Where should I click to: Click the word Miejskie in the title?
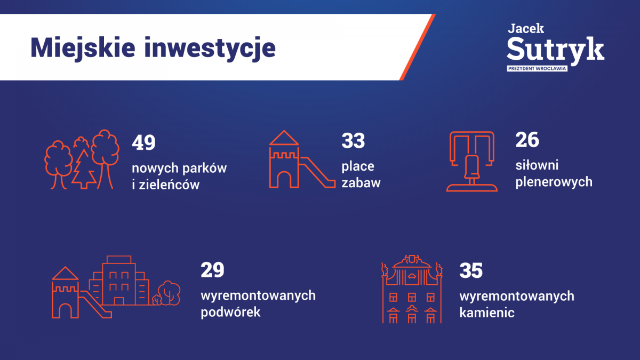83,48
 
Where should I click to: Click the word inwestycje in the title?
210,48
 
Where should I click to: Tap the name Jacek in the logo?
526,28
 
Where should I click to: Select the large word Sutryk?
555,49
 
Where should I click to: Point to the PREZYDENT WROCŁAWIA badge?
537,69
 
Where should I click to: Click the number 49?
143,142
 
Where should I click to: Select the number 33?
353,141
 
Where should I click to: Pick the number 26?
527,140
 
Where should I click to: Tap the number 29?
212,270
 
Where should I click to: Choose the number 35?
471,270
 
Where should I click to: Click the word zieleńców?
169,185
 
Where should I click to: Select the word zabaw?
361,183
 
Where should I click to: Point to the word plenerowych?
554,182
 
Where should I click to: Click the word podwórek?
230,312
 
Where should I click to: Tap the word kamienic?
487,313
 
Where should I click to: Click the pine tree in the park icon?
84,169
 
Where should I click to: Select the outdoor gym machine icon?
471,162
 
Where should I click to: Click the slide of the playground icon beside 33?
317,172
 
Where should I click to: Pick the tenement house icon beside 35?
412,289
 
